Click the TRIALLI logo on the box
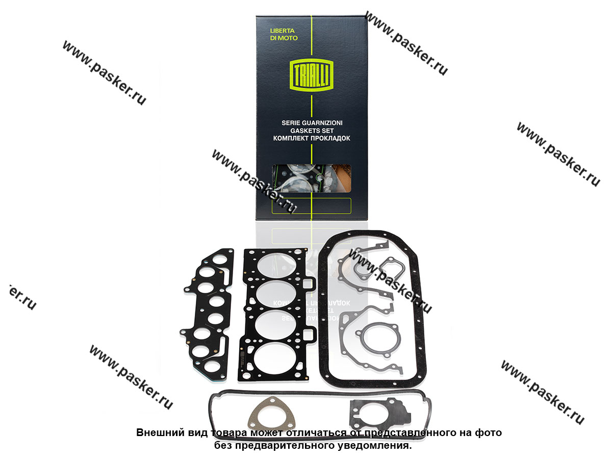[x=312, y=75]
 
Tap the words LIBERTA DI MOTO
[x=284, y=34]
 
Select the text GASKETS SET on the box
[x=312, y=131]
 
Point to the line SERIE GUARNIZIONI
[x=312, y=122]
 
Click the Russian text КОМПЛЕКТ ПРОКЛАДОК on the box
[x=312, y=138]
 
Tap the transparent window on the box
[x=312, y=178]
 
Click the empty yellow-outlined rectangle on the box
[x=312, y=206]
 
